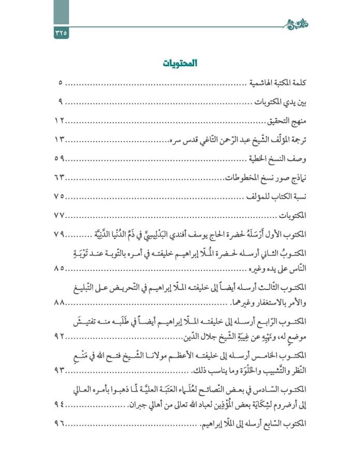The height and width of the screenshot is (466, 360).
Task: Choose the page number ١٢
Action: click(x=59, y=121)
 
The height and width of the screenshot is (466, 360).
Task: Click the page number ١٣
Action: click(x=59, y=140)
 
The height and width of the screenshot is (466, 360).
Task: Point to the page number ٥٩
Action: click(x=59, y=159)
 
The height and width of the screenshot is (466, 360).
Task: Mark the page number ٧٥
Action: click(x=59, y=197)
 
